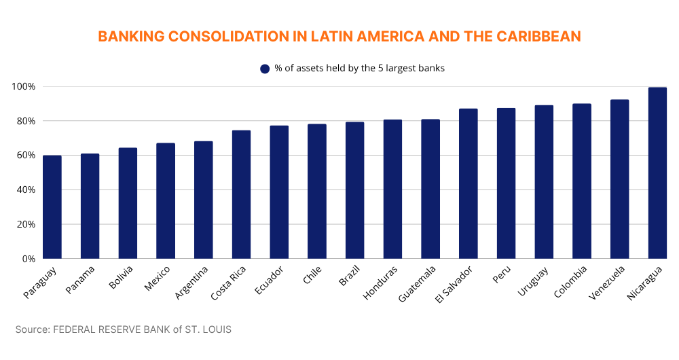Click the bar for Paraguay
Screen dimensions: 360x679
52,207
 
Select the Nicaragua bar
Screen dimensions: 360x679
657,173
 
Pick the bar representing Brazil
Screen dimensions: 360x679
354,190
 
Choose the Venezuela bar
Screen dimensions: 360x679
619,179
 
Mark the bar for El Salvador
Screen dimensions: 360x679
468,183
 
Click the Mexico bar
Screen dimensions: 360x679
166,201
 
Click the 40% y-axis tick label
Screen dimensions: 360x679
26,190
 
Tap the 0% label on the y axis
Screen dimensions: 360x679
28,259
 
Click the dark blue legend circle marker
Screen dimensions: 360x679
265,69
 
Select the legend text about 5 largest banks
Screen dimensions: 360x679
359,69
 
